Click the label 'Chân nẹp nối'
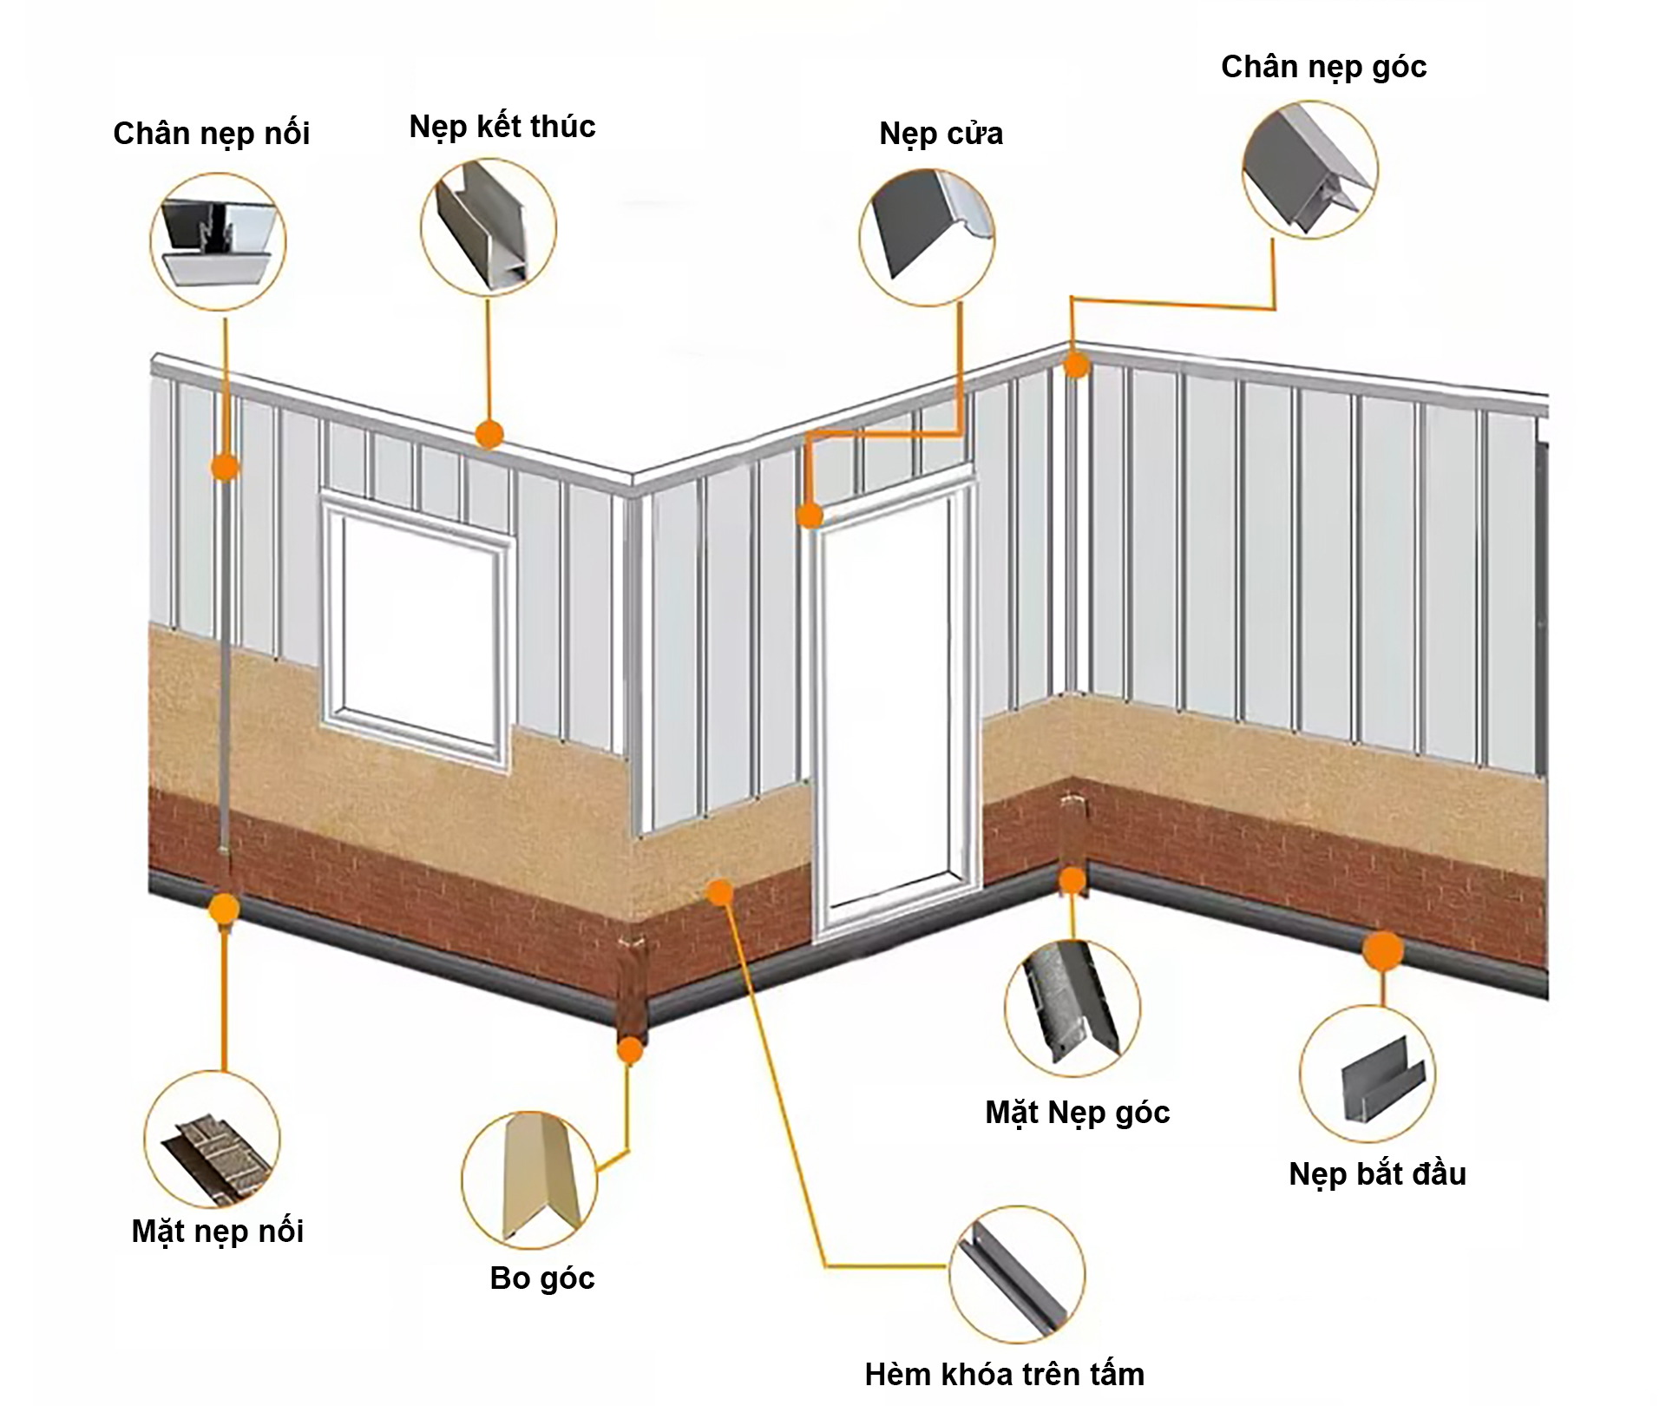(211, 134)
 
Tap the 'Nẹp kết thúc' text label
(502, 127)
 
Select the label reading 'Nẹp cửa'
(941, 134)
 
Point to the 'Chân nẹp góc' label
(1323, 67)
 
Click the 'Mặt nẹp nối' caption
(218, 1231)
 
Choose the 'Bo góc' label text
(542, 1278)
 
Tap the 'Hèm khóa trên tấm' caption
(1004, 1374)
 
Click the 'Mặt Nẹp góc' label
(1077, 1112)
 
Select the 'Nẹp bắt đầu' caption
(1377, 1173)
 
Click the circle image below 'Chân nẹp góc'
(1309, 172)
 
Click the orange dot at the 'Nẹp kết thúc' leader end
(490, 434)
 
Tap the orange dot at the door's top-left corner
(810, 516)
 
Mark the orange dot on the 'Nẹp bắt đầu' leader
(1382, 950)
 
